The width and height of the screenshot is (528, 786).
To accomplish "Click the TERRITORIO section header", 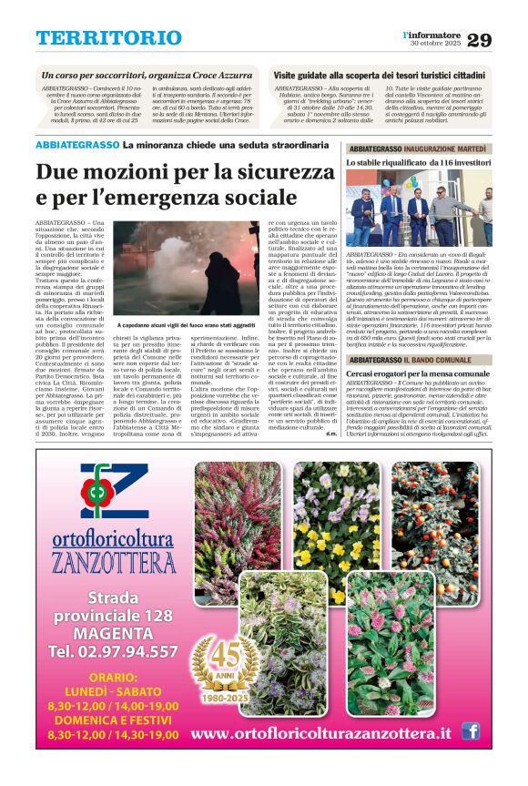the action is [x=108, y=38].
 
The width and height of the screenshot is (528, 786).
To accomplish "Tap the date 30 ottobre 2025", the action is [x=436, y=45].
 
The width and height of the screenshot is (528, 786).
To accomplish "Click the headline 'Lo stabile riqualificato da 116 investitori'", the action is [x=418, y=161].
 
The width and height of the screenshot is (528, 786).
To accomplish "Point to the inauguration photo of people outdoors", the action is [x=418, y=208].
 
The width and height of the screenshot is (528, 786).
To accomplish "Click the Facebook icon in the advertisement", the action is [x=470, y=730].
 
